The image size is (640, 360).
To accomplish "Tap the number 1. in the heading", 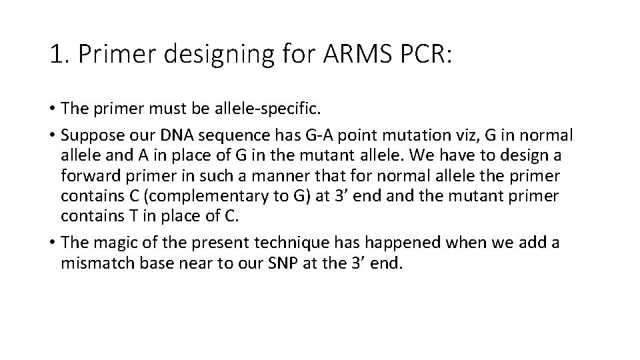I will (59, 55).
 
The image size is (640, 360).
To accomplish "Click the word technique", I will (306, 243).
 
